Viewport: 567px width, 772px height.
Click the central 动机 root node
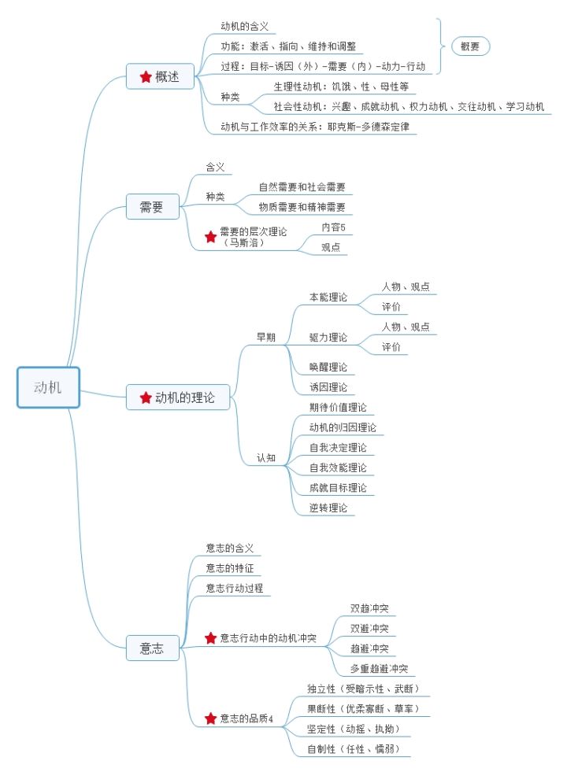coord(48,387)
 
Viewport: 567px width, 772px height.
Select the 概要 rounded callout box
coord(469,46)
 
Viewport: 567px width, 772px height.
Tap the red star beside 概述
coord(146,76)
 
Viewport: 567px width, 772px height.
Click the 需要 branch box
coord(151,208)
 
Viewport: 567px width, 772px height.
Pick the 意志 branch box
coord(151,648)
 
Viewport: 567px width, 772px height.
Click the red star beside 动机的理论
coord(146,398)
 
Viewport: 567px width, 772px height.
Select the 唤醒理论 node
coord(328,367)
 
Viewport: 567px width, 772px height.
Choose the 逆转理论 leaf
coord(328,508)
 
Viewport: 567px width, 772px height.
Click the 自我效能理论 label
coord(338,467)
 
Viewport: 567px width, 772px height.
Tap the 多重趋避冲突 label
coord(380,669)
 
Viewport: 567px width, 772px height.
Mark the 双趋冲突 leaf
coord(369,609)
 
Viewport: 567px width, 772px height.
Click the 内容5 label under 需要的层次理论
coord(333,227)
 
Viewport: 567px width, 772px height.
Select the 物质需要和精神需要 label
coord(302,208)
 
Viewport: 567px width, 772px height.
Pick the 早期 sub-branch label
coord(266,337)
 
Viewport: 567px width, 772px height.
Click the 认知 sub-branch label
coord(266,457)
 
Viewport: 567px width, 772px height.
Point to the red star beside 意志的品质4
coord(210,718)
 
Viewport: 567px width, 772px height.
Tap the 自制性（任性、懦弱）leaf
coord(358,749)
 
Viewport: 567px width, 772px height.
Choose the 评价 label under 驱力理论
coord(391,347)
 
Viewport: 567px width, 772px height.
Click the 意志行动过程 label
coord(234,588)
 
